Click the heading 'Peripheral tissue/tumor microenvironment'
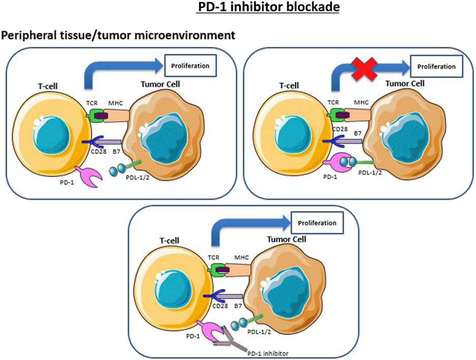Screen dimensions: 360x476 click(x=118, y=36)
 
